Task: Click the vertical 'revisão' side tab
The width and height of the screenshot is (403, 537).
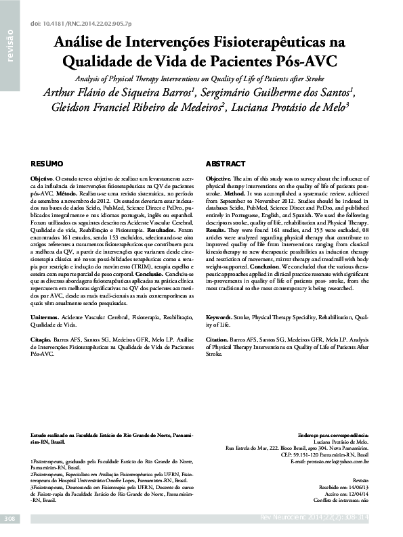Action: point(9,47)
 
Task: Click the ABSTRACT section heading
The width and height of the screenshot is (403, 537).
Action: point(226,164)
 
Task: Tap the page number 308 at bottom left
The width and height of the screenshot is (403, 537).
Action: point(9,518)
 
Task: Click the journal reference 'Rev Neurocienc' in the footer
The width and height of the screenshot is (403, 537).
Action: point(284,518)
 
